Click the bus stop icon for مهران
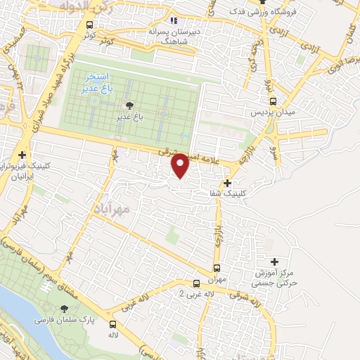(217, 268)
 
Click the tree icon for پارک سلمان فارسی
(65, 308)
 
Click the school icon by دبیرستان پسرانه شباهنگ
(174, 21)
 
